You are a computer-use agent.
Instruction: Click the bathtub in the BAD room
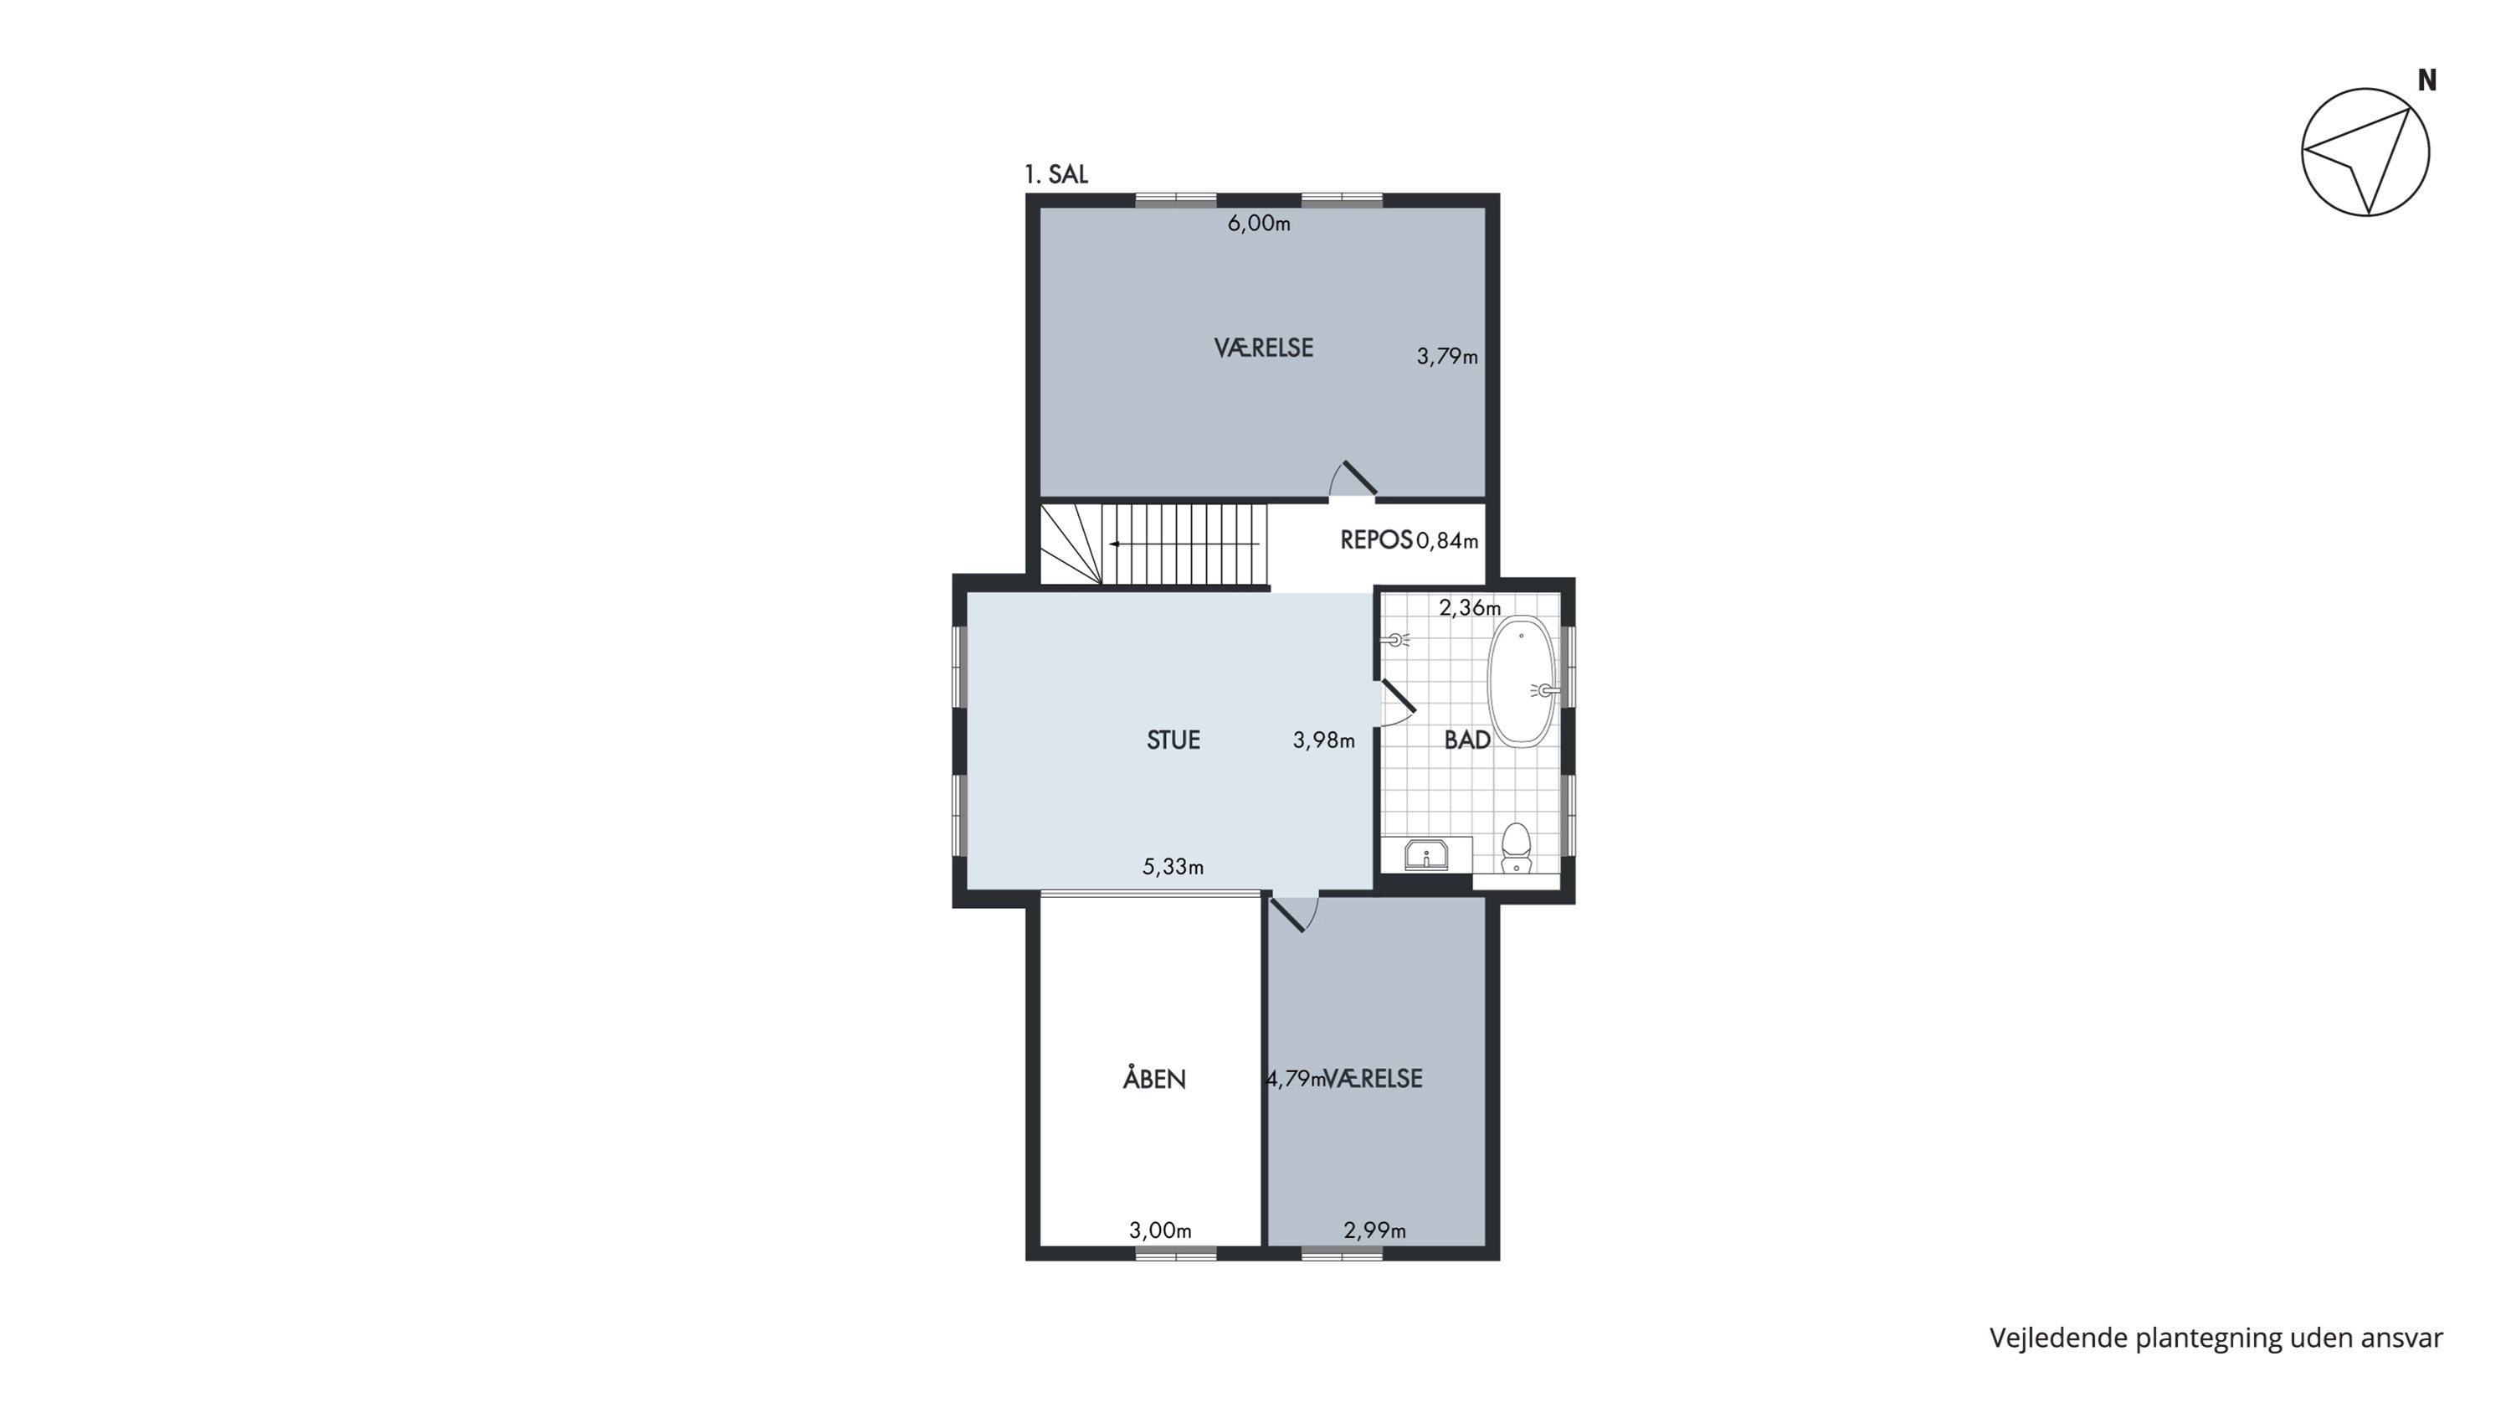tap(1521, 682)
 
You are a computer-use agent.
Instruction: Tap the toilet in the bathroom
tap(1516, 848)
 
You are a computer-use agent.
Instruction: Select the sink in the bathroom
tap(1426, 855)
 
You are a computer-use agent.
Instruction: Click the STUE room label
tap(1173, 740)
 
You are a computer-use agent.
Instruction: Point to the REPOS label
tap(1376, 539)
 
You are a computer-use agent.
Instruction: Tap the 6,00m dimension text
tap(1258, 224)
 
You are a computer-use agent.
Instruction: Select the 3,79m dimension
tap(1446, 357)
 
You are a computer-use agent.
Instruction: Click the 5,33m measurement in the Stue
tap(1173, 866)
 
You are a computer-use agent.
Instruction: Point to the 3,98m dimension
tap(1324, 740)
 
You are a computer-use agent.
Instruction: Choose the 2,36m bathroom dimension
tap(1470, 607)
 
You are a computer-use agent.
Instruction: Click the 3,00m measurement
tap(1160, 1230)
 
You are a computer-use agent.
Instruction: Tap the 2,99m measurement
tap(1374, 1230)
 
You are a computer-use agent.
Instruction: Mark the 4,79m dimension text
tap(1296, 1079)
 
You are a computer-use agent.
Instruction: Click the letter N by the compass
tap(2427, 81)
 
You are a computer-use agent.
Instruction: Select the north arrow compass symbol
tap(2365, 152)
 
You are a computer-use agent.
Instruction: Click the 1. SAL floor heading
tap(1055, 174)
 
